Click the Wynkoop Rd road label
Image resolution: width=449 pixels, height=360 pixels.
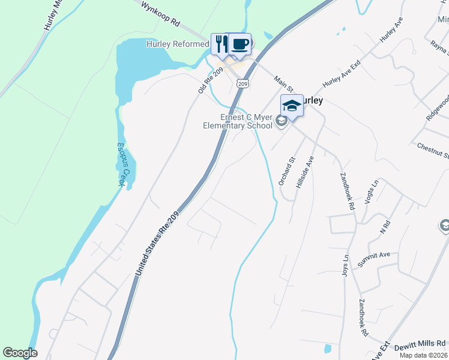[161, 14]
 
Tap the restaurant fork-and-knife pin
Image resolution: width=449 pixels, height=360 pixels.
[220, 43]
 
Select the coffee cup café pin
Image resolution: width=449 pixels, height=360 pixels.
[240, 44]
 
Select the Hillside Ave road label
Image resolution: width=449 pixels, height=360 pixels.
[305, 173]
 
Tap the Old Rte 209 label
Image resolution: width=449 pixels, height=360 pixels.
[211, 80]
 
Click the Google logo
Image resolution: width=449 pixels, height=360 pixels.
[20, 353]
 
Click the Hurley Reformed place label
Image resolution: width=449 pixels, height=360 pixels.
[178, 44]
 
